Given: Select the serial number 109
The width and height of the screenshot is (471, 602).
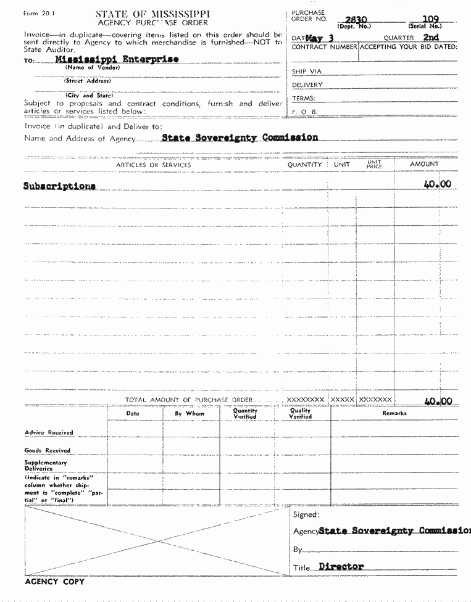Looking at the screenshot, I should [432, 20].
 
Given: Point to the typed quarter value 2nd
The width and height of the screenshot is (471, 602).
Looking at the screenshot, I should [431, 38].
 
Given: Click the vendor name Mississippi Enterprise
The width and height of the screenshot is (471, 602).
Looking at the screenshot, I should [117, 59].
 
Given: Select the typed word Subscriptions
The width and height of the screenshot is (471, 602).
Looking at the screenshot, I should [59, 185].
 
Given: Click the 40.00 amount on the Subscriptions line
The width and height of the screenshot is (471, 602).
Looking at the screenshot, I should [438, 184].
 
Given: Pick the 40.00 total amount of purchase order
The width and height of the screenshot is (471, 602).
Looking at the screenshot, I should [438, 401].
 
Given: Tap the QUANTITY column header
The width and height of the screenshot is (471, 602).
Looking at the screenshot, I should [305, 165].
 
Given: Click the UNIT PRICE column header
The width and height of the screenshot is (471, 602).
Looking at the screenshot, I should [374, 165].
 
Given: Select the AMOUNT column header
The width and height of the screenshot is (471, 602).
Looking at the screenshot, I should [424, 165].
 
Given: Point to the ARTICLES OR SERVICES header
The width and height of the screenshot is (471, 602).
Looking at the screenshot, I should [154, 165].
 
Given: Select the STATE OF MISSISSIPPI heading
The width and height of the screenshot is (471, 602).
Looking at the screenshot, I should [152, 14].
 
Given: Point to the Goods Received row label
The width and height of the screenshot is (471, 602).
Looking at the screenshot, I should [48, 450].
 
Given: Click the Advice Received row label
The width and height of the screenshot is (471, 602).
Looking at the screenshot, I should [49, 432].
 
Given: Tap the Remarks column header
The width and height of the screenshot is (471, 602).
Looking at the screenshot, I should [394, 413].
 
